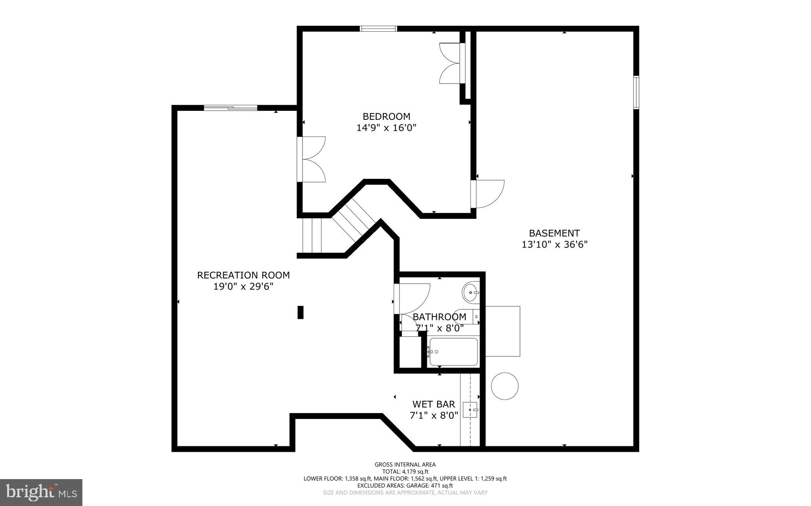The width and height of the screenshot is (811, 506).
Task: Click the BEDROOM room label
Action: pyautogui.click(x=386, y=116)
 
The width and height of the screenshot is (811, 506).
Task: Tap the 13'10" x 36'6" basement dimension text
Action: pyautogui.click(x=554, y=244)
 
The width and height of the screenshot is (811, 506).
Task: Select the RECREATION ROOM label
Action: pyautogui.click(x=243, y=275)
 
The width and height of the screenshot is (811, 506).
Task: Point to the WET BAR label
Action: pyautogui.click(x=434, y=404)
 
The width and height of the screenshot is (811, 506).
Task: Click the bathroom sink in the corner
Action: pyautogui.click(x=470, y=292)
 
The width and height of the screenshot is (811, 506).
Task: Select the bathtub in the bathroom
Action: pyautogui.click(x=453, y=352)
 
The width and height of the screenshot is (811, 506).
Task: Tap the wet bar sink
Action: pyautogui.click(x=471, y=410)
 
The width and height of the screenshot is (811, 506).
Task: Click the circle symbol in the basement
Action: pyautogui.click(x=504, y=386)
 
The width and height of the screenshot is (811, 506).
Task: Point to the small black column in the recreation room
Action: pyautogui.click(x=301, y=312)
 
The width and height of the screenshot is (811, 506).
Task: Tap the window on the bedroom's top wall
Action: pyautogui.click(x=378, y=28)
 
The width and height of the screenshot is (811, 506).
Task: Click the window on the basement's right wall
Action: pyautogui.click(x=636, y=93)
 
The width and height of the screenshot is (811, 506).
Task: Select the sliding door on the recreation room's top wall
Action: pyautogui.click(x=230, y=108)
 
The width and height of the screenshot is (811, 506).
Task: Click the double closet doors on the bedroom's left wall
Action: pyautogui.click(x=313, y=159)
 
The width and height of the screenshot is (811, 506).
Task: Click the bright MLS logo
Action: pyautogui.click(x=41, y=492)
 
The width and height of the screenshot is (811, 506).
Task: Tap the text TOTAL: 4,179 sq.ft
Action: pyautogui.click(x=405, y=472)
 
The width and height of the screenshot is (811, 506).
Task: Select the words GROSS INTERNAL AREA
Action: pyautogui.click(x=405, y=464)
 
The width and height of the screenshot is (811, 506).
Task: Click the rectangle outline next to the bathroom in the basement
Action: pyautogui.click(x=503, y=331)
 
